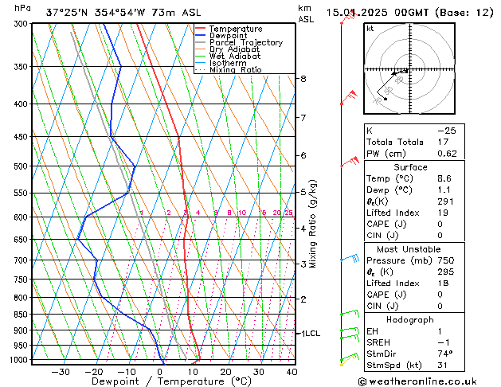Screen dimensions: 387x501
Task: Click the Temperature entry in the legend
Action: [235, 29]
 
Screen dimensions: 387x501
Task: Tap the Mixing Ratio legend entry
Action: [235, 70]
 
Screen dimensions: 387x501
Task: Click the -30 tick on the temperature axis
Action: [60, 371]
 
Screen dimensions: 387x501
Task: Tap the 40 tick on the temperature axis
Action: [292, 371]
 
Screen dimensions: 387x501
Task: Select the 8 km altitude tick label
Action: [303, 79]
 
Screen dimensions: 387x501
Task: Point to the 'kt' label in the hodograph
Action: [370, 29]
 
